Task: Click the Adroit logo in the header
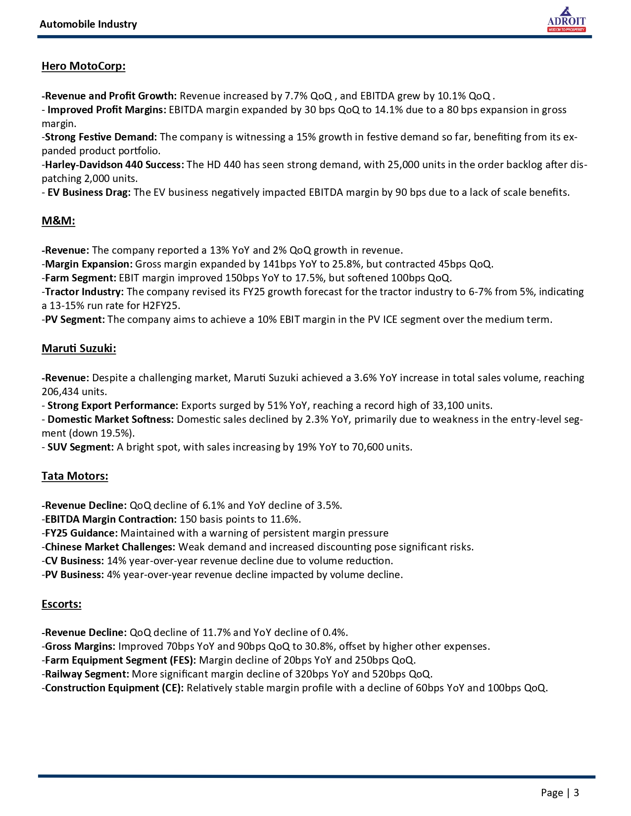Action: (x=566, y=20)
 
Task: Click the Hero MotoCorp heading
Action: (x=83, y=66)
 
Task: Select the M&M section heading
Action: (x=58, y=221)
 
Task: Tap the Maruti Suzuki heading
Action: (x=79, y=349)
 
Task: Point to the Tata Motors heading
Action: (x=75, y=476)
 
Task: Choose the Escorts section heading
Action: (x=61, y=604)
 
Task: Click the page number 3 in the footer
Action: (x=576, y=793)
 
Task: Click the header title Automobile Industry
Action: (x=88, y=24)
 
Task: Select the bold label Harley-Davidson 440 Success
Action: (x=114, y=165)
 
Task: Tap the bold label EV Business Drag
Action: (x=89, y=192)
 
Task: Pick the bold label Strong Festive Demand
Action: (x=100, y=137)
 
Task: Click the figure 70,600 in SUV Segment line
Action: (x=368, y=447)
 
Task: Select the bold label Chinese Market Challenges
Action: (x=110, y=547)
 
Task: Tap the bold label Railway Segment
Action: (x=87, y=674)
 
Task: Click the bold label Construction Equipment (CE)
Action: (x=114, y=688)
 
